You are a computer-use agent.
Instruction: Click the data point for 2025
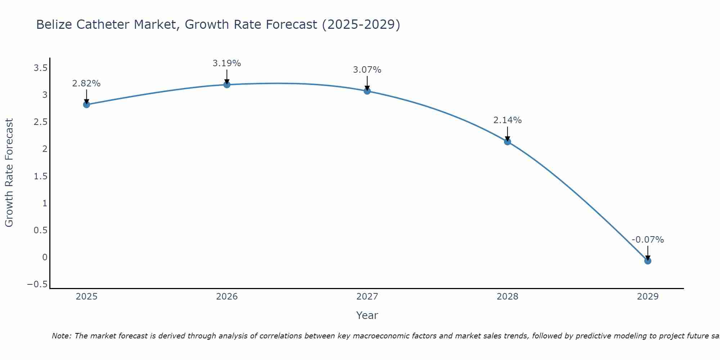coord(86,104)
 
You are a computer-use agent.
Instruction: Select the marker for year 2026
coord(227,85)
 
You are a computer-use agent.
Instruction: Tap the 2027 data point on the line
coord(367,91)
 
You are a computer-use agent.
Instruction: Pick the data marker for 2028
coord(508,141)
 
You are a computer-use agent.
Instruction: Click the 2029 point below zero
coord(648,261)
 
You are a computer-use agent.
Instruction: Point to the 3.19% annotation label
coord(227,63)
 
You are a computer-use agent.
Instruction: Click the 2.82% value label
coord(86,84)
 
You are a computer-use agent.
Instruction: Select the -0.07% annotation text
coord(648,240)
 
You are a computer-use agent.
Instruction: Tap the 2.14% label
coord(508,120)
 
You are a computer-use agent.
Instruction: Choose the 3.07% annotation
coord(367,70)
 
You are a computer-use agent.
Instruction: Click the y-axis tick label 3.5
coord(40,68)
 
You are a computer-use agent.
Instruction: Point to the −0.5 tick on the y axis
coord(37,284)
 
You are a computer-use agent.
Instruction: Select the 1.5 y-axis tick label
coord(40,176)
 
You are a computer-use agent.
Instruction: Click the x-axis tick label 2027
coord(367,297)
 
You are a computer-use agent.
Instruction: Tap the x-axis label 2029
coord(648,297)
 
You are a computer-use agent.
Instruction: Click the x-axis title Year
coord(367,315)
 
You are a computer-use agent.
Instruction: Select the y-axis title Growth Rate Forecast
coord(9,173)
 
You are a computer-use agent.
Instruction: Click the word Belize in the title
coord(54,24)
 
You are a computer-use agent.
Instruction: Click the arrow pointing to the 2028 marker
coord(508,134)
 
